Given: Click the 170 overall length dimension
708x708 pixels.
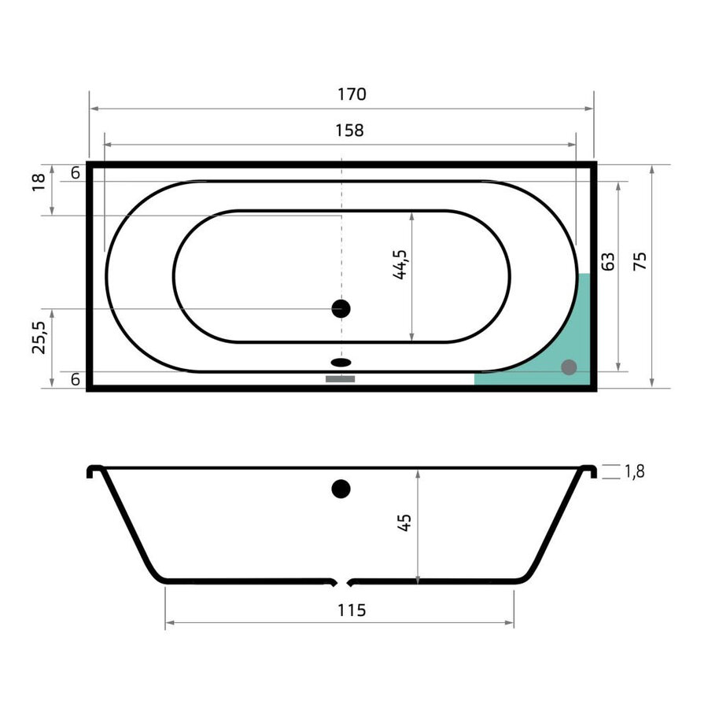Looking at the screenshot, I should pos(352,94).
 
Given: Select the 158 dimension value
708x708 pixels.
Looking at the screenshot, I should pos(349,131).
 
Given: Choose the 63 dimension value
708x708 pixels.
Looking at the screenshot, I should pos(607,262).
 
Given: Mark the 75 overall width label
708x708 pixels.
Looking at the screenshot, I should pos(640,262).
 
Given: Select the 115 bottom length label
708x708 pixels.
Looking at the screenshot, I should pos(352,610).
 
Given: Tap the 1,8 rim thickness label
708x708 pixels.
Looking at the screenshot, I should pos(635,472).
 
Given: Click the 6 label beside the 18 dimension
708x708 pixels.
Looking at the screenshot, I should pos(75,173).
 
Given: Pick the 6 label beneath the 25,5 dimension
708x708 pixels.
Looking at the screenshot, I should pos(75,379).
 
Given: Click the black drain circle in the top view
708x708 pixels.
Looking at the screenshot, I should pos(341,308).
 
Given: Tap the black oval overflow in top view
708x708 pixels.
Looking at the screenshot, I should pos(341,363).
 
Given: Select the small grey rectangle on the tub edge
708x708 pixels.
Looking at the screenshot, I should pos(341,379).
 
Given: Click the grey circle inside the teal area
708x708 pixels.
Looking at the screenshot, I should pos(569,367).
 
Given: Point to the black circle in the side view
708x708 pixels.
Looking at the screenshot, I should pos(341,489).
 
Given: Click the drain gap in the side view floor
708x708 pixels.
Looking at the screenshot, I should pos(341,583).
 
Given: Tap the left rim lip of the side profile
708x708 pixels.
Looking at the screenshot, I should pos(94,471).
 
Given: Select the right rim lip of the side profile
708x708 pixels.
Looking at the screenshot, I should pos(587,471).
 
